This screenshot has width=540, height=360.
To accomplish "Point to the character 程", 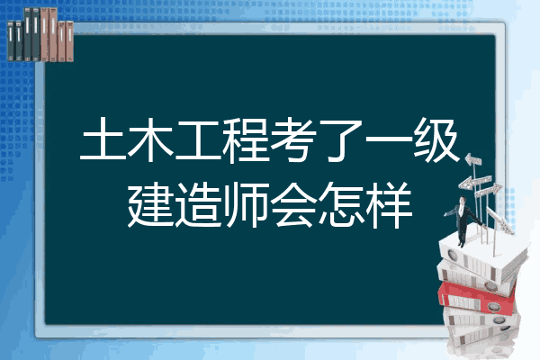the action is click(x=246, y=139).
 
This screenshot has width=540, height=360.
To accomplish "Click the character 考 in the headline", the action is click(x=293, y=139).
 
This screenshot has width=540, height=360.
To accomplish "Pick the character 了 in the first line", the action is click(x=341, y=139).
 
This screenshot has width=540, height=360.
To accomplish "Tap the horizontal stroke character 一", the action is click(x=389, y=139).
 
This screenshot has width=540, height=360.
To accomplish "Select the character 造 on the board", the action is click(x=198, y=204).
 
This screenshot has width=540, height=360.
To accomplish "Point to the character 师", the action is click(x=246, y=204).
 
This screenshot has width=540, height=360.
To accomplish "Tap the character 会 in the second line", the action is click(x=293, y=204).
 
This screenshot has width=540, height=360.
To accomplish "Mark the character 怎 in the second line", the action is click(x=341, y=204).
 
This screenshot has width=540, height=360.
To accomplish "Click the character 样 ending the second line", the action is click(x=389, y=204).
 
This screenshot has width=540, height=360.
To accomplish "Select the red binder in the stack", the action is click(x=477, y=297).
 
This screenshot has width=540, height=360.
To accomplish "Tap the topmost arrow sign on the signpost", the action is click(x=473, y=160).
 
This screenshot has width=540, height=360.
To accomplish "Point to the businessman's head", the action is click(x=463, y=200).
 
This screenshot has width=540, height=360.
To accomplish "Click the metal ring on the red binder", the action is click(x=493, y=307).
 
